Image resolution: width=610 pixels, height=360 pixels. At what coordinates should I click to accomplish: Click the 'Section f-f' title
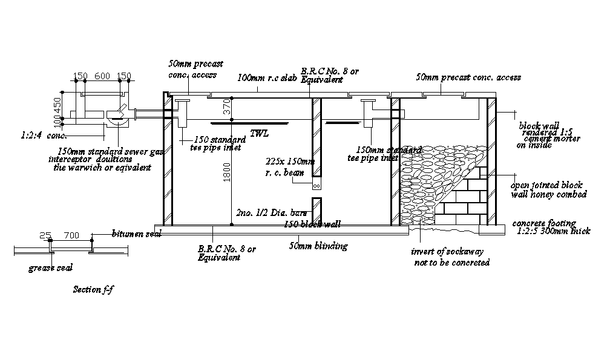93,290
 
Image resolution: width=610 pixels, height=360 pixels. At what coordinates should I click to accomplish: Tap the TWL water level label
258,134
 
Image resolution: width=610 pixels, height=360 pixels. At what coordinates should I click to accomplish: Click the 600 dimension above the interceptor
102,76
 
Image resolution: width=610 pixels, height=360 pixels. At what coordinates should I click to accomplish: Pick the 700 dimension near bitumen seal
71,235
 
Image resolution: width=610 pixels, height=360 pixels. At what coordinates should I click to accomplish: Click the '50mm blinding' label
318,246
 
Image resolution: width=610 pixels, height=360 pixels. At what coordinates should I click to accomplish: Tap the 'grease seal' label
51,267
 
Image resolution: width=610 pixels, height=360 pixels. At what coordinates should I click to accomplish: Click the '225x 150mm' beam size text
290,162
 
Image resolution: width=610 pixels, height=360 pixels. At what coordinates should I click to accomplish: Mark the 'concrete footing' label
544,223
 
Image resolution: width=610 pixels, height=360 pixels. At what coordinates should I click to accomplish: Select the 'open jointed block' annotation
546,186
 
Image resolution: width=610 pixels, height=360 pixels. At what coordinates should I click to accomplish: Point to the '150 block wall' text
312,224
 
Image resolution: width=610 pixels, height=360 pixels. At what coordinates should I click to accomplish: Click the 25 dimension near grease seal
44,235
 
